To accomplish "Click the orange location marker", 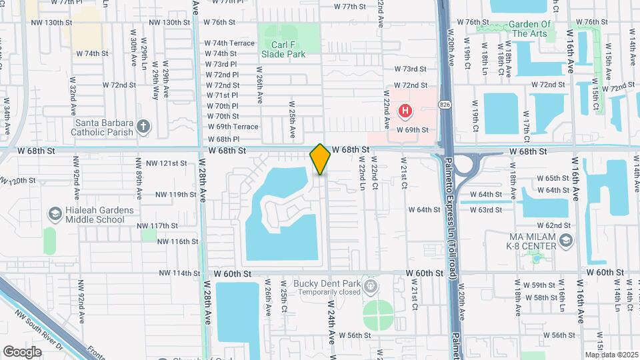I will (x=320, y=159).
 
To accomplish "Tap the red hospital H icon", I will (x=404, y=110).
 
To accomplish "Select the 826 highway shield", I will (x=445, y=105).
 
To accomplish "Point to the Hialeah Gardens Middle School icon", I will (x=55, y=214).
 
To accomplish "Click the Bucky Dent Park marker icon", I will (x=371, y=287).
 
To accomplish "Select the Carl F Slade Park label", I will (x=283, y=49).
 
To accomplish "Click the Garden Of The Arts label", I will (x=534, y=29).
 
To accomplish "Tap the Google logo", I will (x=22, y=351).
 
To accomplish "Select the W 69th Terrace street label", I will (x=233, y=127).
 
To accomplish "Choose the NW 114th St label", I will (x=180, y=273).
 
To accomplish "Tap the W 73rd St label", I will (x=410, y=69).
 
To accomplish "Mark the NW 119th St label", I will (x=176, y=195).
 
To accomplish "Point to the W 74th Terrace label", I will (x=229, y=43).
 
